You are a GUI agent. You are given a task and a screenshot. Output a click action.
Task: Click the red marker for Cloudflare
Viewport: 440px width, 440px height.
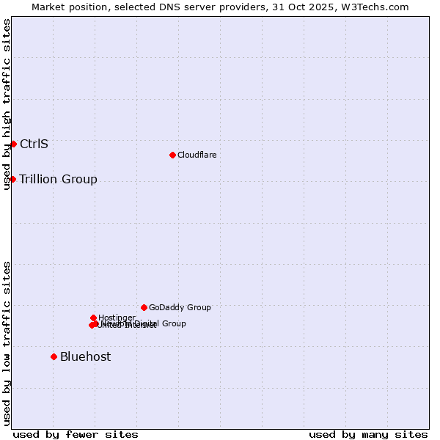(172, 155)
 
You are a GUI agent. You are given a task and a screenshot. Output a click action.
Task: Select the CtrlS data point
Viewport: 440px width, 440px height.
(13, 144)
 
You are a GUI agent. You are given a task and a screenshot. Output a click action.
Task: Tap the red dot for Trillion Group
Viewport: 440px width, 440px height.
(12, 179)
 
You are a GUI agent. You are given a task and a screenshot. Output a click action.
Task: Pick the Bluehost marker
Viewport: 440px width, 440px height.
(54, 356)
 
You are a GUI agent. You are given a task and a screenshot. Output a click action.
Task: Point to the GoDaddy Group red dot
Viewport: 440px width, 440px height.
(144, 307)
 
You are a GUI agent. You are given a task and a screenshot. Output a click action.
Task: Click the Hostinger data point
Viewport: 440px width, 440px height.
(94, 318)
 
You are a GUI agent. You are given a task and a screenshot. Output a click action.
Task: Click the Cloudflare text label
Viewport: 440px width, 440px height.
(197, 155)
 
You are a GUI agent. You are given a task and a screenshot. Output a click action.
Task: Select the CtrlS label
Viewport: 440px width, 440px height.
(34, 144)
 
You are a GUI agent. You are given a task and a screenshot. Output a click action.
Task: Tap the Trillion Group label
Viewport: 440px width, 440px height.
(58, 179)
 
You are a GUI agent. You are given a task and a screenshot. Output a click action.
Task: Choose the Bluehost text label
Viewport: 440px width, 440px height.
(85, 356)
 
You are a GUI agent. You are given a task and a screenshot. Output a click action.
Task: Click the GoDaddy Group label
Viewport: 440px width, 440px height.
(180, 307)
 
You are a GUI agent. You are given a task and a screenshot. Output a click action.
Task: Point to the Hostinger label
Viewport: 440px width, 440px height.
(117, 318)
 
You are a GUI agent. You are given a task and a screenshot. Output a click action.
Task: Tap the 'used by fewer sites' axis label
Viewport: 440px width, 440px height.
(76, 434)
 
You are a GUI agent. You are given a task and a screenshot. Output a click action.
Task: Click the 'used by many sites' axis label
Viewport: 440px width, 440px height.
(368, 434)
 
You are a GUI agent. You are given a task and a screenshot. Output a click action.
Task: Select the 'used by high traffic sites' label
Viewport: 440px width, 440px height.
(7, 105)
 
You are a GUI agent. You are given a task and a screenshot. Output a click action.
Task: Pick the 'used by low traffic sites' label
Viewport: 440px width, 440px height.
(7, 343)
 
